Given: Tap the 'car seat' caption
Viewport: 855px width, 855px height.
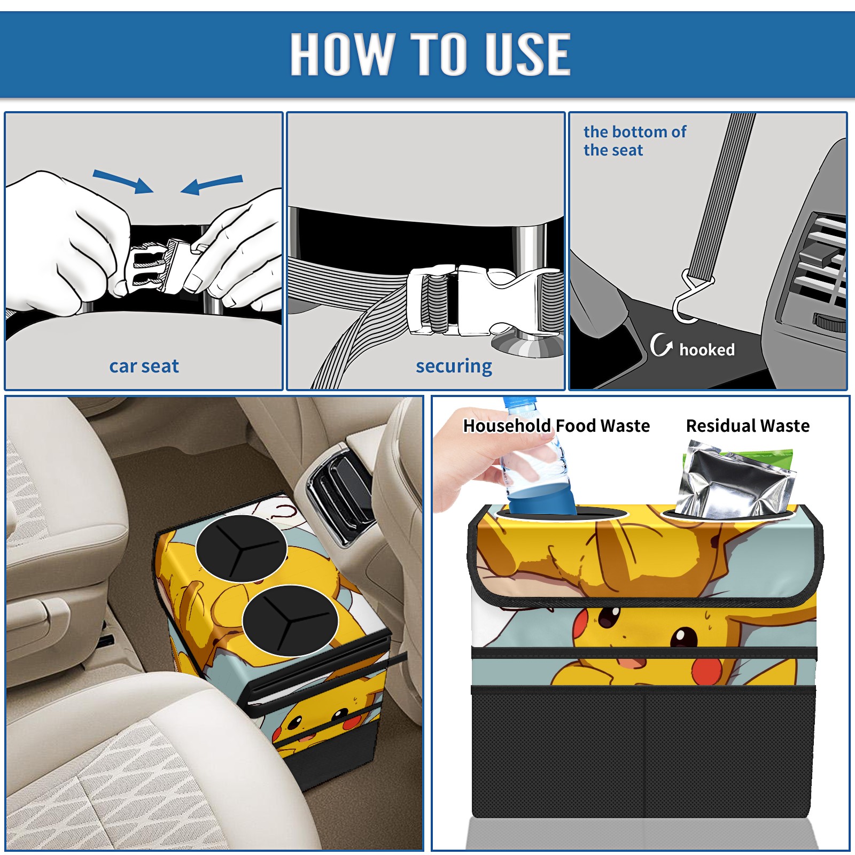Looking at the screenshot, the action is tap(144, 366).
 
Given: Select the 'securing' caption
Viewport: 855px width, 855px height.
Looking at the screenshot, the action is tap(454, 367).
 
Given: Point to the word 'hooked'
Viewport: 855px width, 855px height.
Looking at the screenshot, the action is tap(707, 349).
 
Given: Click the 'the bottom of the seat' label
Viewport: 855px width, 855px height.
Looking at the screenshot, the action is tap(635, 141).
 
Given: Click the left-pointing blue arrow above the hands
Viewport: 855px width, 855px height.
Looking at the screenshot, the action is tap(212, 185).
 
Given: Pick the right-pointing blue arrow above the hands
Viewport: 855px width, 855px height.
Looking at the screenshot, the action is tap(123, 181).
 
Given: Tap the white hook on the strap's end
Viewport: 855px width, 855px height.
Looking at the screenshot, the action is tap(690, 299).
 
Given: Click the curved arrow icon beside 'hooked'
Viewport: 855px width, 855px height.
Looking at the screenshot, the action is tap(660, 345).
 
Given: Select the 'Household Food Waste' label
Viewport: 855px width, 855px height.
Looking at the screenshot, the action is tap(556, 425).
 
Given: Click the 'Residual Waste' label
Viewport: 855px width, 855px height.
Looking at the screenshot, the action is tap(748, 425).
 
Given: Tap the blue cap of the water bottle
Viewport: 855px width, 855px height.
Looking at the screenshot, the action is tap(519, 402).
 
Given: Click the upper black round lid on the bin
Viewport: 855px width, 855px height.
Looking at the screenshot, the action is tap(242, 548).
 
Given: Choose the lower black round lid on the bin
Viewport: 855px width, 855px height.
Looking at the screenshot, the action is tap(290, 620).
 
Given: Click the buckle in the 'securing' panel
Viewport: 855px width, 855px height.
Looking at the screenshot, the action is tap(484, 300).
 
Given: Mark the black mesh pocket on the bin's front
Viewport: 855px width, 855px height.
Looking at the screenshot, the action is tap(643, 753).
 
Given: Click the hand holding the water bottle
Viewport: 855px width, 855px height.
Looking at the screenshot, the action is tap(481, 460).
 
